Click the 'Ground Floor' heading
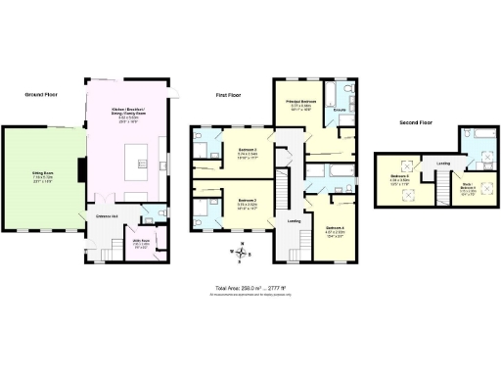tap(43, 94)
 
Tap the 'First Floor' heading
tap(229, 94)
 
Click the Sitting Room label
tap(41, 177)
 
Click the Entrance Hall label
tap(107, 216)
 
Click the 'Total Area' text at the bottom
tap(250, 288)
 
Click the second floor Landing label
tap(443, 164)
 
